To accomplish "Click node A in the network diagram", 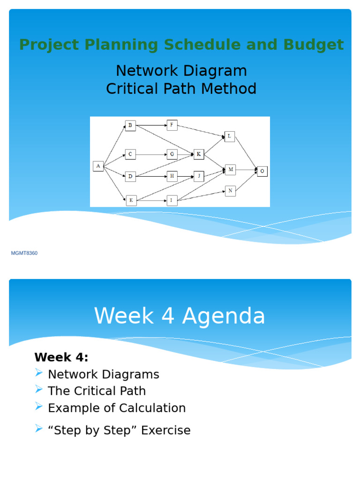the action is coord(98,166).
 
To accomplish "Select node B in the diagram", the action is coord(130,125).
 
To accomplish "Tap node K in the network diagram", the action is coord(199,154).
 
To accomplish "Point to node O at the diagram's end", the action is coord(262,171).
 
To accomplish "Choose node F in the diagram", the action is coord(172,125).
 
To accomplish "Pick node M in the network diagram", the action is coord(230,169).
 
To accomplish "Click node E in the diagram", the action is coord(131,201).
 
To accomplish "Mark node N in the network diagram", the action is coord(230,191).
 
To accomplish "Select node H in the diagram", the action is coord(172,176).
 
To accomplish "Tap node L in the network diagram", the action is coord(230,136).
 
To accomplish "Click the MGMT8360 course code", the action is coord(24,254).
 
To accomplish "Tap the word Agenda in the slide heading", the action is coord(224,316).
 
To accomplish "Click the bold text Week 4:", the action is coord(61,357).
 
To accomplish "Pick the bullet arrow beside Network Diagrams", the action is coord(39,373).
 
